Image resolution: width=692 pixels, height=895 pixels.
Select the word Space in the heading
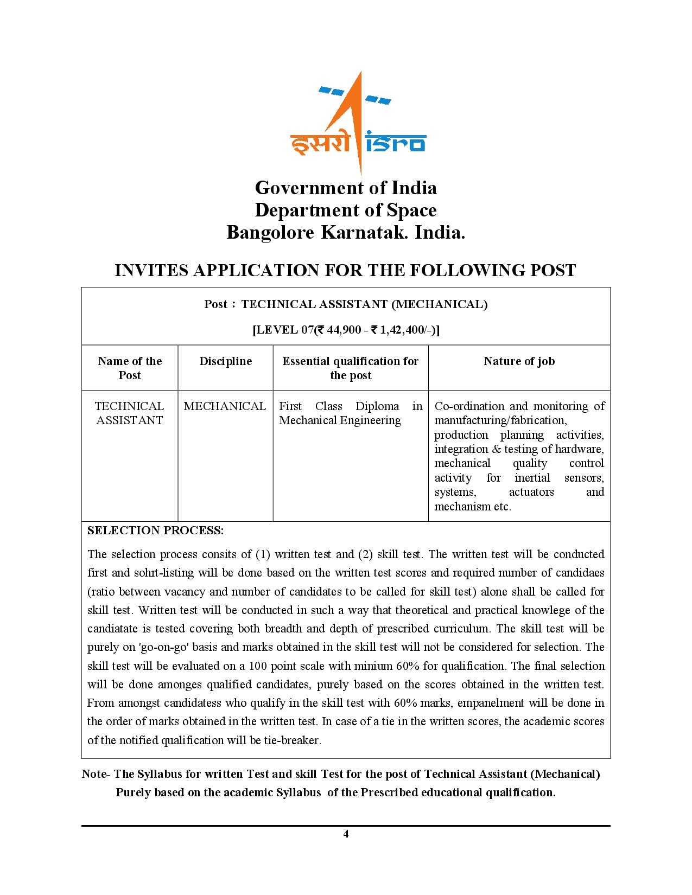tap(411, 210)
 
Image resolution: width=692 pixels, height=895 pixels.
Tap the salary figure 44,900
tap(344, 330)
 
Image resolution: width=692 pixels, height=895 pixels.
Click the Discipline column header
tap(225, 361)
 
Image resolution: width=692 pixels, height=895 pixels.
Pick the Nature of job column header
tap(519, 361)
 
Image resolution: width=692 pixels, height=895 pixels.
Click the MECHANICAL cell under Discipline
tap(225, 406)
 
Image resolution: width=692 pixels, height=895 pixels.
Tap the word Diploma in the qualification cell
tap(377, 406)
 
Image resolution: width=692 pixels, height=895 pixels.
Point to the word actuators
tap(531, 492)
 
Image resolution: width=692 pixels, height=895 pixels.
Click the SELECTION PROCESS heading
tap(155, 530)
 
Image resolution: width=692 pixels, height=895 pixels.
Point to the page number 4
tap(346, 834)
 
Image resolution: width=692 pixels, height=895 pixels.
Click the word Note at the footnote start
tap(93, 774)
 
